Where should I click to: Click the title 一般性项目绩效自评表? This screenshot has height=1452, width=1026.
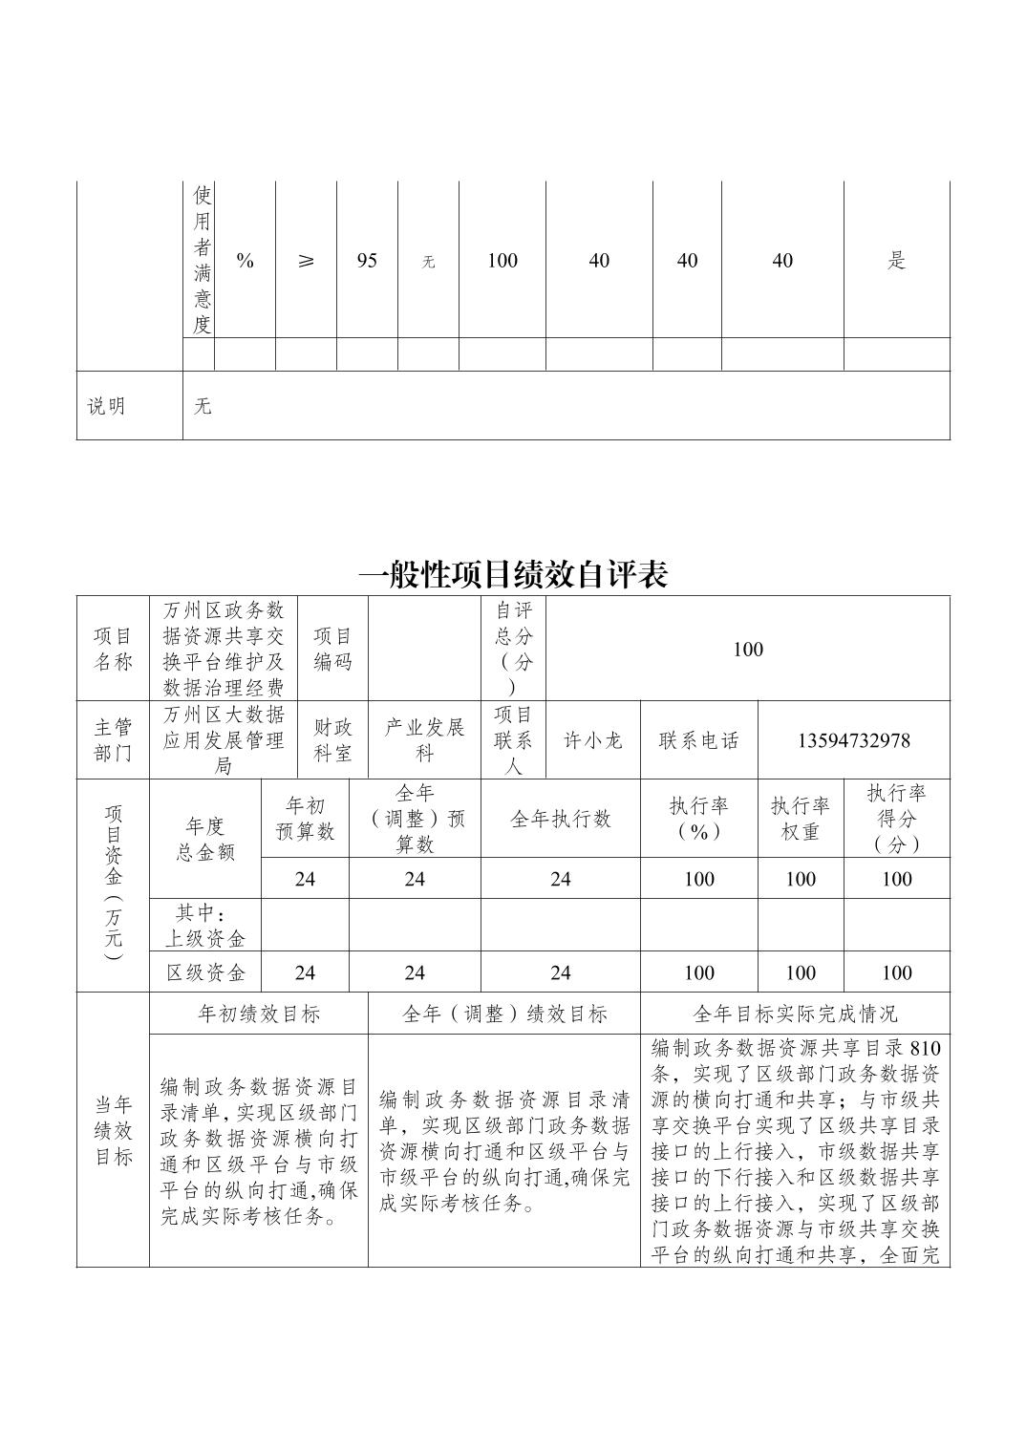coord(513,574)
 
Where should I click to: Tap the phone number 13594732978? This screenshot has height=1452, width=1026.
coord(853,740)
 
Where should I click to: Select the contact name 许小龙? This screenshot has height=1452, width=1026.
coord(592,740)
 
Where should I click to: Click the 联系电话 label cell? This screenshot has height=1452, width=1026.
coord(698,740)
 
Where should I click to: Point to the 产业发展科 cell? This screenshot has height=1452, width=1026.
coord(424,740)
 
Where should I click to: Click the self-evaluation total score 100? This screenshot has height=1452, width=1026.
coord(747,650)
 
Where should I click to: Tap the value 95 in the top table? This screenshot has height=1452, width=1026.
coord(367,261)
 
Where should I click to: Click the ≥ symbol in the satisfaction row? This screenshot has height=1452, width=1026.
coord(306,261)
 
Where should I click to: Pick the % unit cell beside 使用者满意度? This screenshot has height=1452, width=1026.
coord(246,261)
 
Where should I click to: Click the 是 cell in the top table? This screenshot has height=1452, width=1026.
coord(896,261)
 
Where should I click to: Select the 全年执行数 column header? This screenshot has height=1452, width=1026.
coord(560,819)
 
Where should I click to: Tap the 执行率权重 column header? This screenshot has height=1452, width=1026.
coord(800,819)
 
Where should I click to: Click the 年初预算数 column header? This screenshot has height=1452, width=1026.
coord(305,819)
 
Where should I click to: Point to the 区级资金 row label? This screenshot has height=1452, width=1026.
coord(205,972)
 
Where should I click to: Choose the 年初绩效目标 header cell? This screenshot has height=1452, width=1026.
coord(258,1014)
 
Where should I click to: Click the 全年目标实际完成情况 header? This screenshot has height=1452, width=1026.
coord(795,1014)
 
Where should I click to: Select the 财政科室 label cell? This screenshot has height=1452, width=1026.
coord(332,740)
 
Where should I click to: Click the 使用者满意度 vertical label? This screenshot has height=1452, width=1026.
coord(202,261)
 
